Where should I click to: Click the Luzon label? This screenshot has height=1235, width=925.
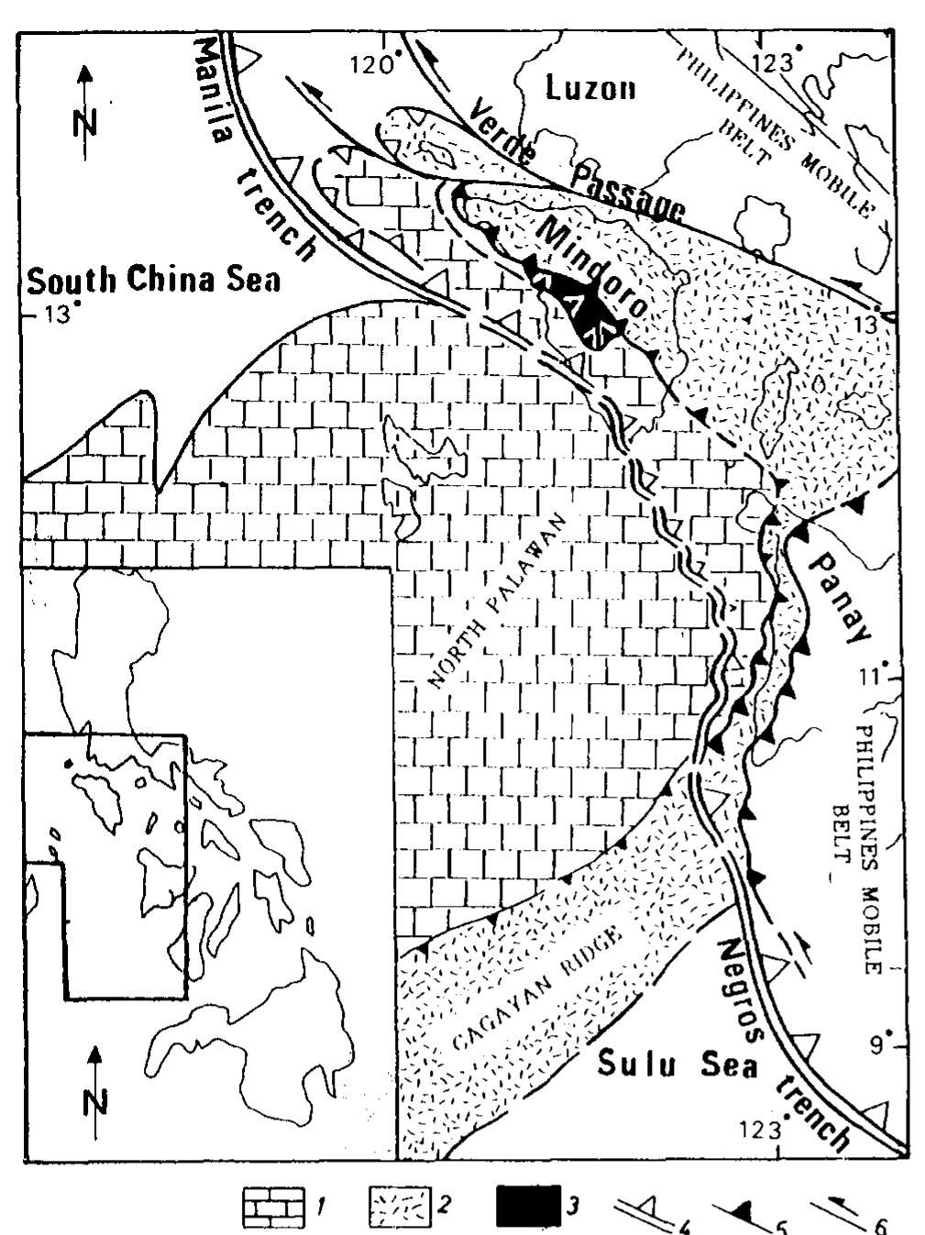tap(590, 88)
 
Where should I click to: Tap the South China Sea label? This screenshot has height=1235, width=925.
tap(154, 279)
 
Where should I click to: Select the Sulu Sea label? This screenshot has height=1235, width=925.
tap(677, 1065)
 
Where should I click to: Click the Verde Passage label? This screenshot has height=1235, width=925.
tap(578, 171)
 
